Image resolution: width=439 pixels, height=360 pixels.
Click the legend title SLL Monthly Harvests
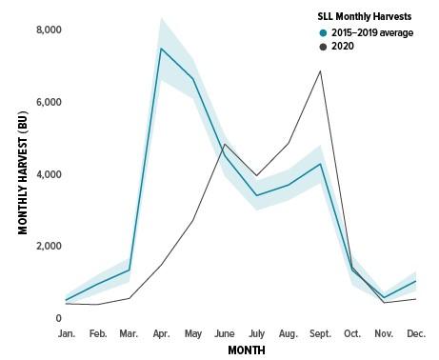[365, 17]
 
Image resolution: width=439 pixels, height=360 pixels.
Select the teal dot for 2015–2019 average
[324, 31]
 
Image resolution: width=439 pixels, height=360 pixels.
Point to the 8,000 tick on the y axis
[47, 30]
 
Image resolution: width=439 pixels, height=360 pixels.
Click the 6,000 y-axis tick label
[47, 103]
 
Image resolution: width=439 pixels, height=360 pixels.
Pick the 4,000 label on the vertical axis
[47, 175]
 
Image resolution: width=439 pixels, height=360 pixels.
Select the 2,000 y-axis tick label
[47, 247]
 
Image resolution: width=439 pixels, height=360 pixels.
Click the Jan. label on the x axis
[67, 334]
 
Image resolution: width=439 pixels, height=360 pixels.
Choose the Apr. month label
[162, 334]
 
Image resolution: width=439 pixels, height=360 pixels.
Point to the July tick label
[256, 334]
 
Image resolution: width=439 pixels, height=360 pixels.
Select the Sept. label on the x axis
[320, 334]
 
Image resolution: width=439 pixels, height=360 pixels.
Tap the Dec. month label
[416, 334]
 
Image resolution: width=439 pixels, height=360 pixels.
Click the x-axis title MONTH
[247, 350]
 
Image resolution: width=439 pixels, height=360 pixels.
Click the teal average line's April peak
[162, 49]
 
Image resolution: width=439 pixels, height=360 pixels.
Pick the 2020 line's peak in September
[321, 71]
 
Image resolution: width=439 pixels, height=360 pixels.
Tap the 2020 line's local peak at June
[225, 145]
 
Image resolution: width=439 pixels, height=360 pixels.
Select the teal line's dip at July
[256, 195]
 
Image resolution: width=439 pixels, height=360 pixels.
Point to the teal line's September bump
[321, 164]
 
